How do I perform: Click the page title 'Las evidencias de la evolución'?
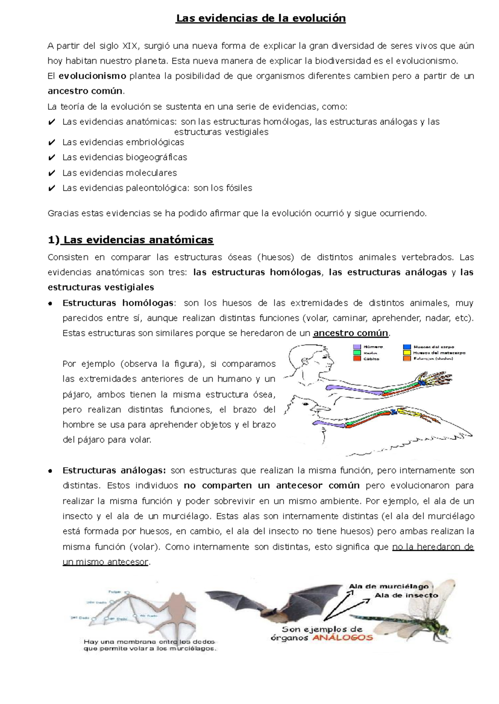tap(261, 19)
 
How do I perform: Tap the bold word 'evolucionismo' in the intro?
tap(92, 76)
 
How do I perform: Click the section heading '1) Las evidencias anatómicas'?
tap(131, 240)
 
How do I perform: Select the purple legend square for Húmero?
tap(357, 347)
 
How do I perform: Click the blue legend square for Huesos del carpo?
tap(407, 347)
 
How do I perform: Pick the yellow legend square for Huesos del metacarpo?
tap(407, 353)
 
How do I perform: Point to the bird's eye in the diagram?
tap(307, 403)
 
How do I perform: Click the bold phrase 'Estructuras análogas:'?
tap(114, 470)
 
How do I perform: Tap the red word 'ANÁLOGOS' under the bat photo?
tap(343, 638)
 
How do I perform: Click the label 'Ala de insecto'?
tap(406, 596)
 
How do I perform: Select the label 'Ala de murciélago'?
tap(388, 586)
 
